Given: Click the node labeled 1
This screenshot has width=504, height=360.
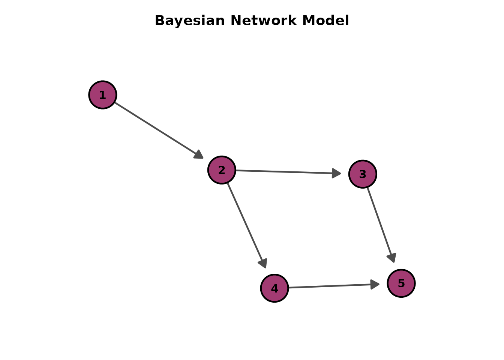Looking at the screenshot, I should (x=103, y=95).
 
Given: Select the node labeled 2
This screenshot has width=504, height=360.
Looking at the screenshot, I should (x=222, y=170).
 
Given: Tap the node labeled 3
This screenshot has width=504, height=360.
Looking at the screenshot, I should (x=363, y=174).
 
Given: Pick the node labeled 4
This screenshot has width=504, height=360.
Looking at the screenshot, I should (x=274, y=288).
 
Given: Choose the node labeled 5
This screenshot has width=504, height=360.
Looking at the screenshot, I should (x=401, y=283).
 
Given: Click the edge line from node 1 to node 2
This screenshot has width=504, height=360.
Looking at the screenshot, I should (x=156, y=128).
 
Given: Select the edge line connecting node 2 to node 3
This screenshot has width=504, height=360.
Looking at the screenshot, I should (x=285, y=172).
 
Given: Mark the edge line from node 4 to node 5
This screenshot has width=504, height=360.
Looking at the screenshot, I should (x=330, y=286).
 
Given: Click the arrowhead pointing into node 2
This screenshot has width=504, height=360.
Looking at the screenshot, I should (x=199, y=154).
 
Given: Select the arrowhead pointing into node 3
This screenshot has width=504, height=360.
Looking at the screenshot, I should (x=336, y=173).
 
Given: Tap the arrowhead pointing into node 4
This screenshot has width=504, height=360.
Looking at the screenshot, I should (x=263, y=263).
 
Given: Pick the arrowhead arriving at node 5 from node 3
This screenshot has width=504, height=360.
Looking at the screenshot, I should (x=392, y=257).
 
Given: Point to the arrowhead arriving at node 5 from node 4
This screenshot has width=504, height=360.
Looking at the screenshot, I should (x=375, y=284).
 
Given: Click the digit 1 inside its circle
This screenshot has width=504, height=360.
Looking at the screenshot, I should (x=103, y=95).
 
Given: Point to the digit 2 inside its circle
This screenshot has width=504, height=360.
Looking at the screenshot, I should (x=222, y=170).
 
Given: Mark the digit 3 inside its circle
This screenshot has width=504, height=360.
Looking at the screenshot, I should (x=363, y=174).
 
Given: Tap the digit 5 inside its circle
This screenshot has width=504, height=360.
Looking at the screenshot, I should (x=401, y=283).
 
